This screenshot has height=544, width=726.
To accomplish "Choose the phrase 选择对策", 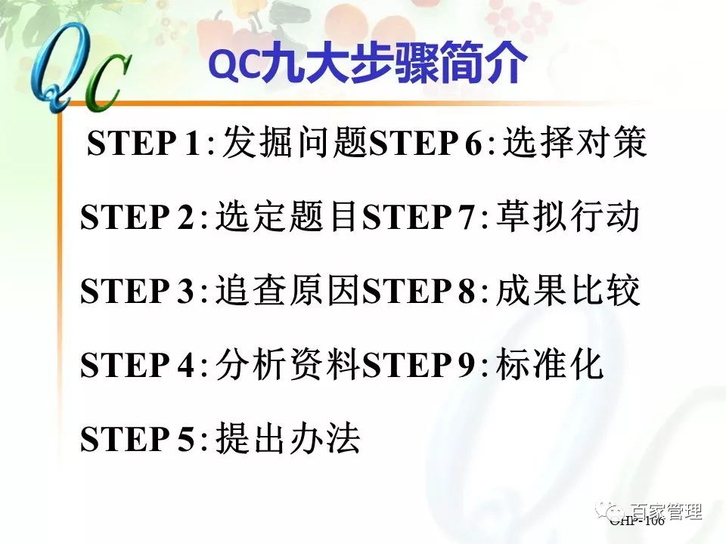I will click(x=575, y=144).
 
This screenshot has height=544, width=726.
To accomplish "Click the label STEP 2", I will click(x=137, y=219).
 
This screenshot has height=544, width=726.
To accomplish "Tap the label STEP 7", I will click(x=419, y=219).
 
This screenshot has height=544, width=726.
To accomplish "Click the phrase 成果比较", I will click(x=568, y=291).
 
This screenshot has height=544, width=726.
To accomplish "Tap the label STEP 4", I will click(x=137, y=366).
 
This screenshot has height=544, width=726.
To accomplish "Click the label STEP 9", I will click(x=419, y=366).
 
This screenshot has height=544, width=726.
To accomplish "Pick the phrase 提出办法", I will click(x=287, y=438).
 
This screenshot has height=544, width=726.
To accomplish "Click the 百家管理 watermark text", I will click(x=665, y=512).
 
